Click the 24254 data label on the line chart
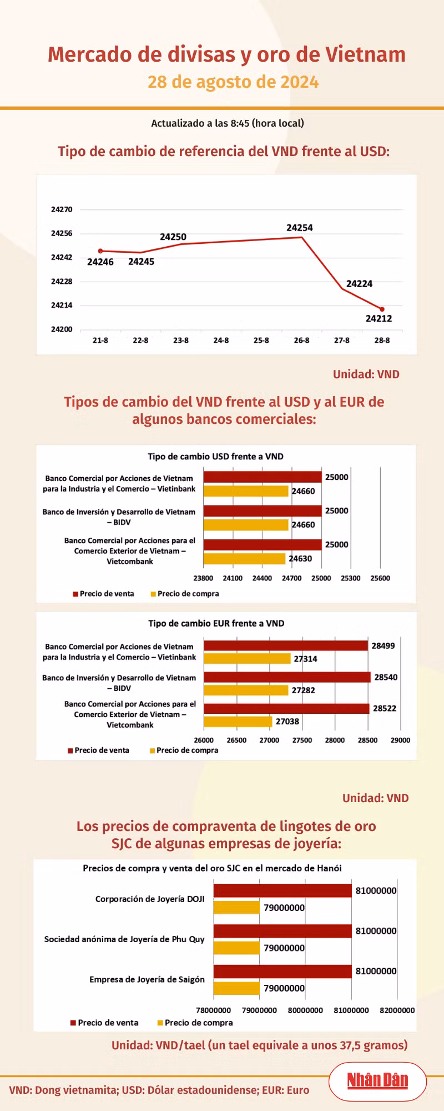click(300, 228)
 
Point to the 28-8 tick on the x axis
click(382, 340)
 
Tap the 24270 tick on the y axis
click(62, 209)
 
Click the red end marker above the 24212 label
click(382, 309)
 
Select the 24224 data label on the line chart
click(360, 284)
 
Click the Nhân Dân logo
click(377, 1080)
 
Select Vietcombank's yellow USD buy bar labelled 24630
click(244, 558)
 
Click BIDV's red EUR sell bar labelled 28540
click(287, 677)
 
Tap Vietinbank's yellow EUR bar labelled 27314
click(247, 659)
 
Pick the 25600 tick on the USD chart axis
click(380, 578)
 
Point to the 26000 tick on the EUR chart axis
click(204, 740)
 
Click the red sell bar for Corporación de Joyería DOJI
click(282, 890)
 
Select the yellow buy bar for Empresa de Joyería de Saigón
click(236, 988)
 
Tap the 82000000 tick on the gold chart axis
click(397, 1010)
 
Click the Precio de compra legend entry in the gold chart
click(195, 1023)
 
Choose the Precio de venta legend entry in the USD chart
click(103, 594)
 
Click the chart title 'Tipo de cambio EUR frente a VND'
click(216, 623)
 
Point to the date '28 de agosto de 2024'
click(233, 82)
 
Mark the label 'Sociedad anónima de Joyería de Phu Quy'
click(124, 939)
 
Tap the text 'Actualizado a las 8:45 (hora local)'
click(228, 123)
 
